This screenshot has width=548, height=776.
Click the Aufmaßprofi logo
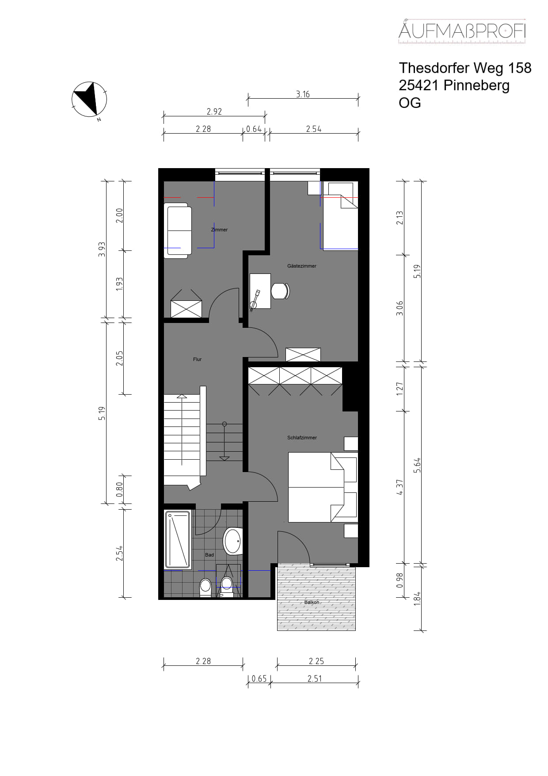coord(462,31)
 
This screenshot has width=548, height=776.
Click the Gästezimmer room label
coord(302,266)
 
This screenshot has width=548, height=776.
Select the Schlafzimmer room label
coord(302,438)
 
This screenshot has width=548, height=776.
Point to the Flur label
coord(197,359)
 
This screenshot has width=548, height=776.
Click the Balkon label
coord(312,602)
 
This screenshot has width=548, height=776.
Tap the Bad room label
coord(209,555)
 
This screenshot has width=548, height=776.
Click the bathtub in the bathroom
coord(178,539)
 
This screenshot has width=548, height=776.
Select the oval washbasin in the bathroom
coord(232,541)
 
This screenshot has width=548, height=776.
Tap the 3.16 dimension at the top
coord(303,94)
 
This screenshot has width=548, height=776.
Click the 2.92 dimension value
coord(214,111)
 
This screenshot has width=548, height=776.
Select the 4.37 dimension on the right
coord(400,487)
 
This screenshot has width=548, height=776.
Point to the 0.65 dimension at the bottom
coord(259,678)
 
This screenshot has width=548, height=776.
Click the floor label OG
coord(410,103)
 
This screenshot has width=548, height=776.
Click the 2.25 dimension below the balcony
coord(316,661)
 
